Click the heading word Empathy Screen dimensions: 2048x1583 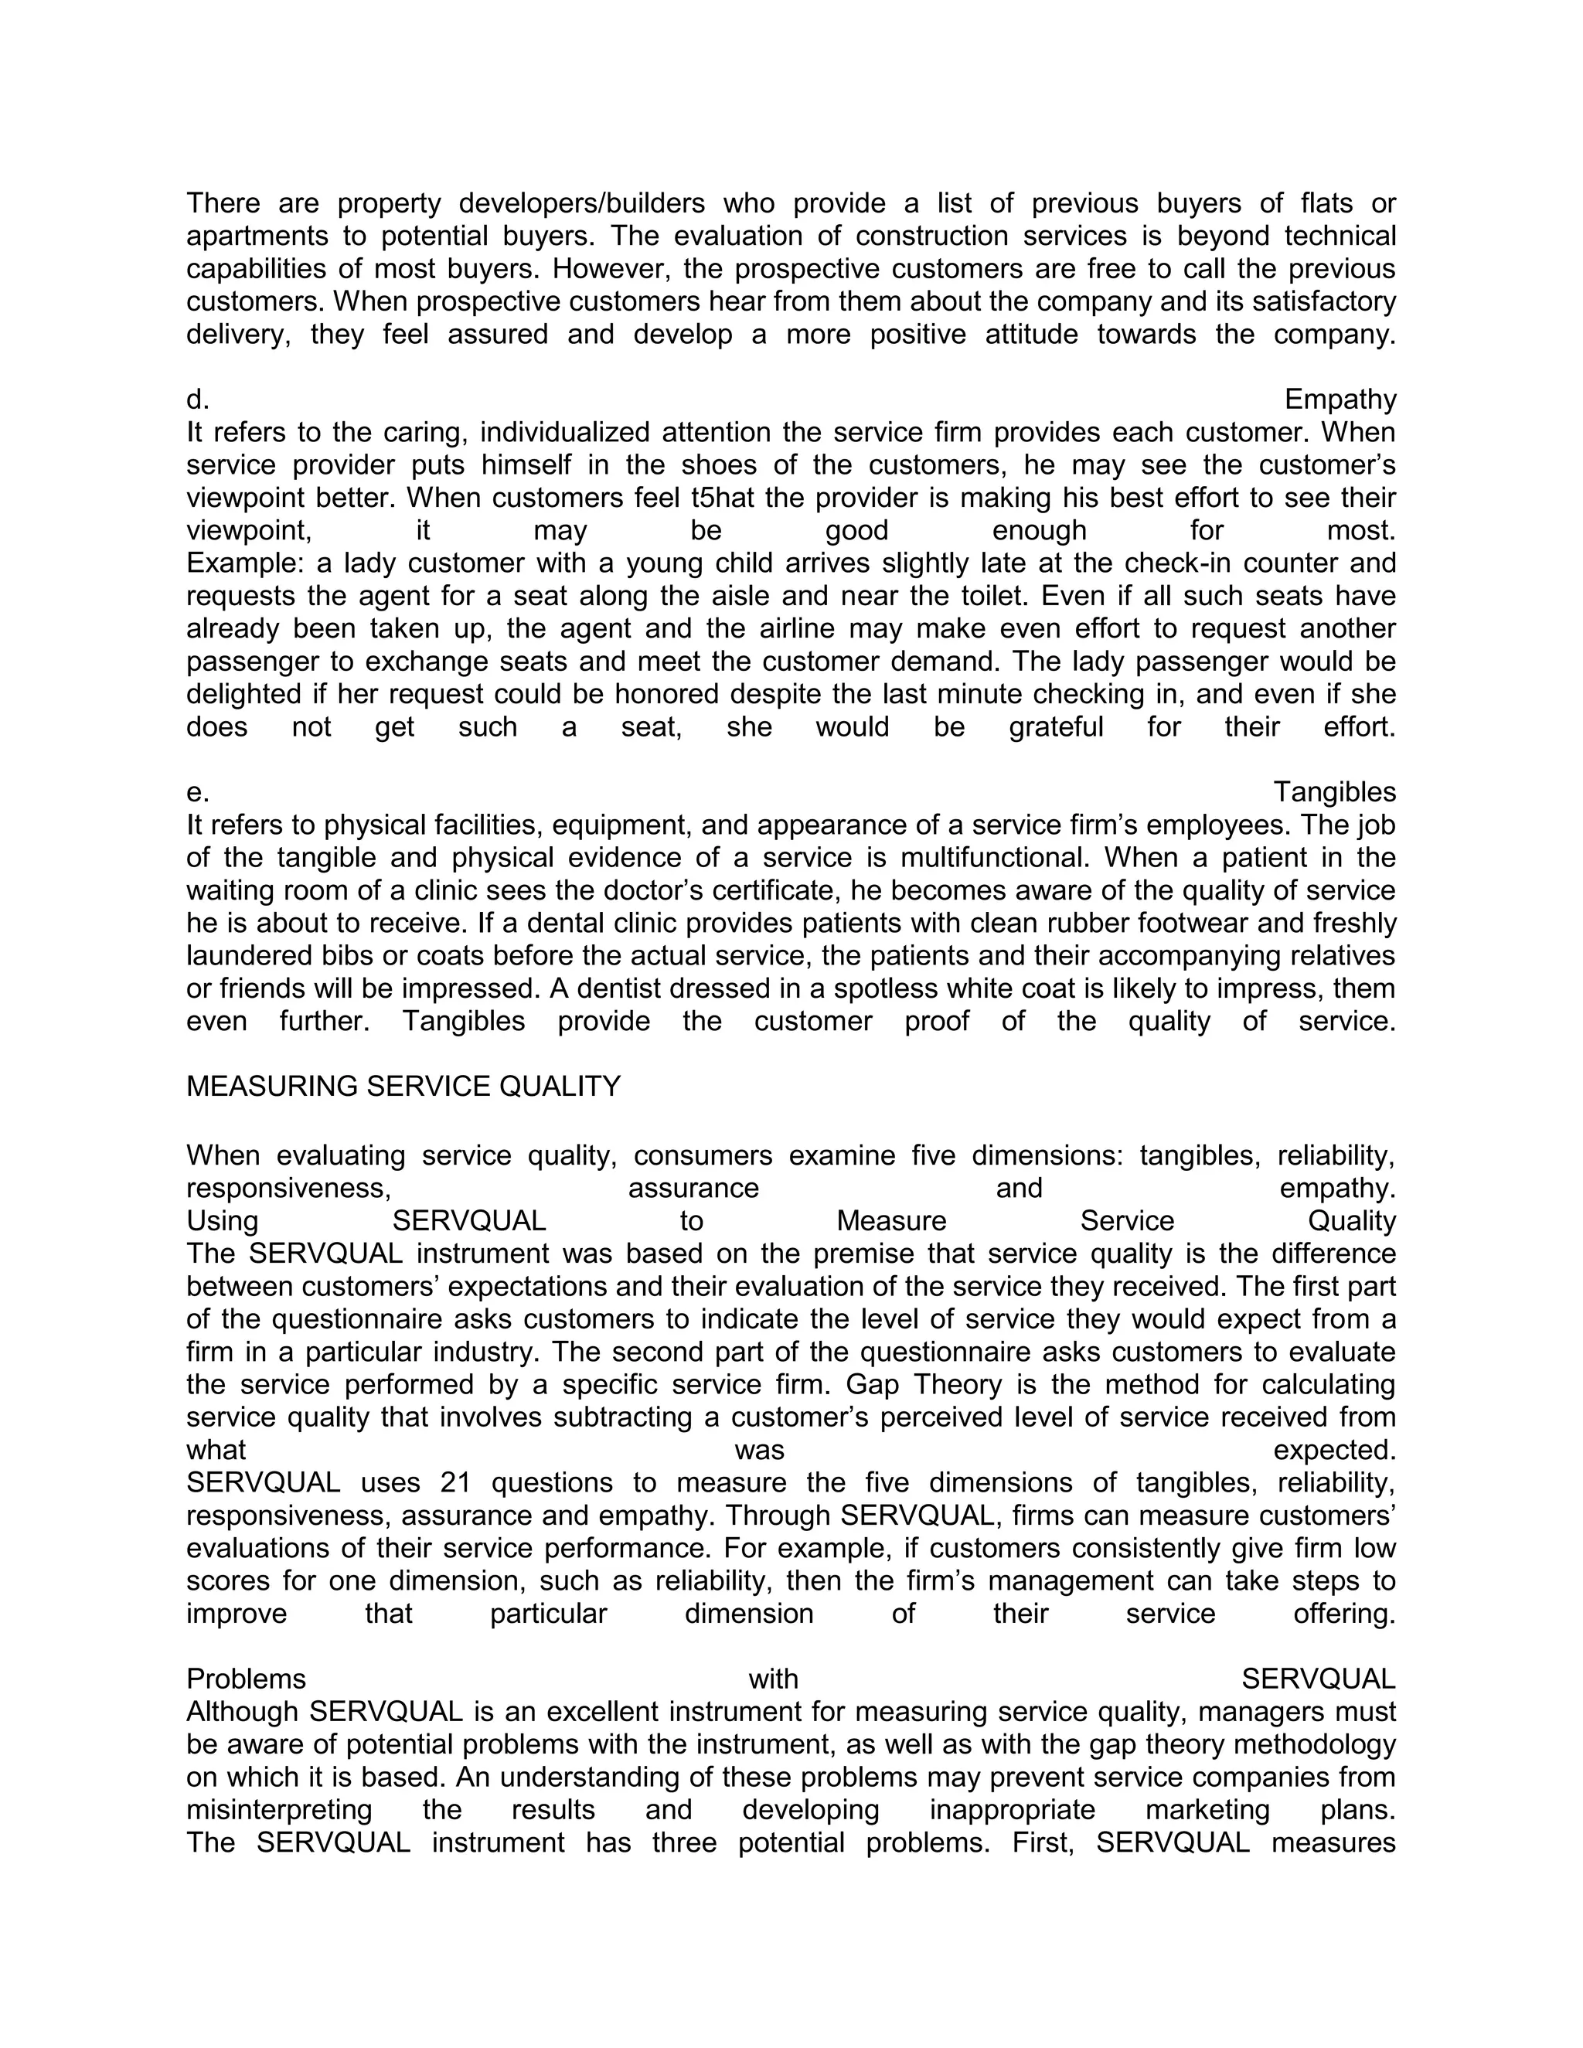coord(1340,400)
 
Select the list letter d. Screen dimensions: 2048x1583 coord(197,400)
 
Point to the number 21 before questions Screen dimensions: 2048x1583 coord(456,1482)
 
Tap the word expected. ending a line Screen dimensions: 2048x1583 coord(1333,1451)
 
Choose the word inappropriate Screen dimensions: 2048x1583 coord(1012,1810)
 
